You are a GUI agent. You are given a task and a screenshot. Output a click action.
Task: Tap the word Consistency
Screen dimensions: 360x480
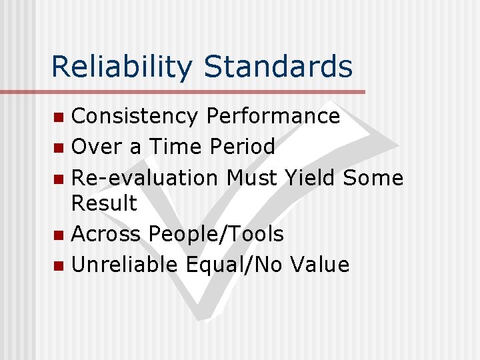(135, 116)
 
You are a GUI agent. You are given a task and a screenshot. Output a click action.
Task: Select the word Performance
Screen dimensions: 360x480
(273, 116)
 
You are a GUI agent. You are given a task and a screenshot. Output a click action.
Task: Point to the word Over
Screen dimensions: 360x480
(93, 147)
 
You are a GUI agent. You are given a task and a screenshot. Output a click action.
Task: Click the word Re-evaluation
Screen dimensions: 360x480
(145, 178)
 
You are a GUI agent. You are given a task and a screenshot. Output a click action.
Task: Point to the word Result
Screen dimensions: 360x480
(104, 203)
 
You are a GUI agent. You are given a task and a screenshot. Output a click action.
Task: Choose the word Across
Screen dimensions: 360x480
(106, 234)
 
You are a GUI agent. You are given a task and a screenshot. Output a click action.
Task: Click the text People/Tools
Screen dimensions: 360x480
(217, 235)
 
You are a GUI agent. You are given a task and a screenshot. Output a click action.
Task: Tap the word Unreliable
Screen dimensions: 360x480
(125, 265)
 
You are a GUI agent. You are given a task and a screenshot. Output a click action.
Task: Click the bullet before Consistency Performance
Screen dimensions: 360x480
(59, 118)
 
